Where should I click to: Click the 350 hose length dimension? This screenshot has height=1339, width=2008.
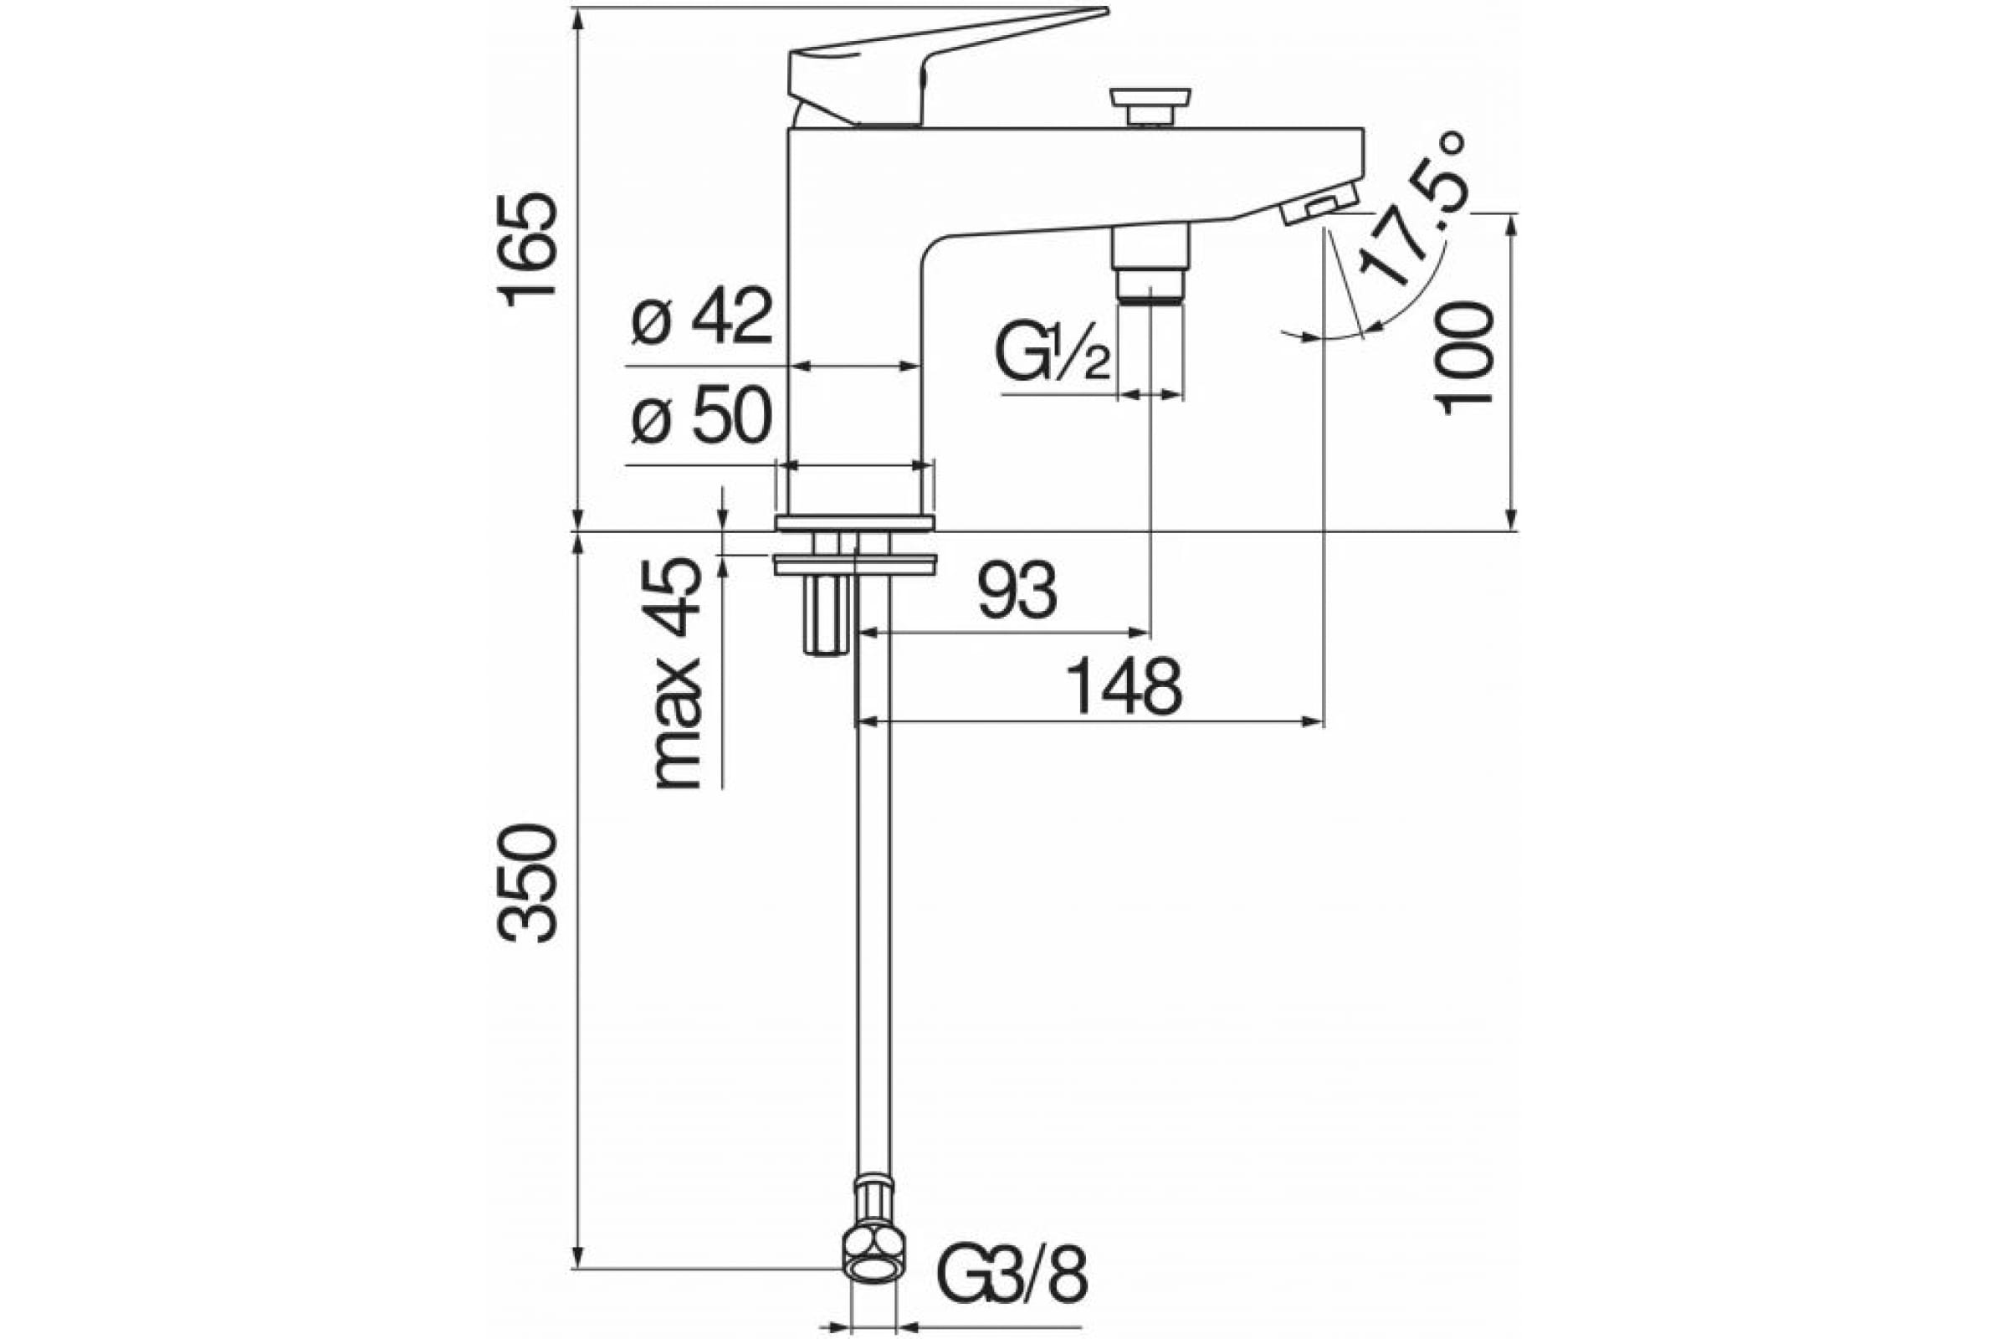pos(527,883)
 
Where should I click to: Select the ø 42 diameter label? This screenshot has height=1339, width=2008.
pos(702,316)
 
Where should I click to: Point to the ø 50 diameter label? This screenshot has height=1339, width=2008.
pos(702,415)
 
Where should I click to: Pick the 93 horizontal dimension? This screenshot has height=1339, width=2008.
pos(1017,591)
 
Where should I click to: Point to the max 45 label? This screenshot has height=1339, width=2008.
pos(676,674)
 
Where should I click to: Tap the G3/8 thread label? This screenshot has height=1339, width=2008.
pos(1013,1277)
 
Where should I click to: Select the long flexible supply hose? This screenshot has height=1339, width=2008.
pos(873,896)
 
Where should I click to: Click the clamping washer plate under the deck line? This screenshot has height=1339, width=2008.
pos(854,563)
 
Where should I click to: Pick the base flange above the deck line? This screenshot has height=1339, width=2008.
pos(854,522)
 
